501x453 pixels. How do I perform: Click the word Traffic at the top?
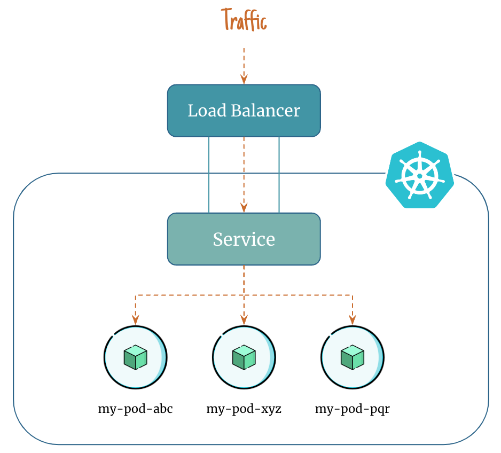click(x=244, y=21)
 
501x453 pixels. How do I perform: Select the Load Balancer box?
click(x=244, y=111)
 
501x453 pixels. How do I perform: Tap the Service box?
click(x=244, y=239)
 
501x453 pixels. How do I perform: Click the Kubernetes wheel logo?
click(x=420, y=175)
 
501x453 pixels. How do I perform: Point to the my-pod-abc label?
click(x=135, y=410)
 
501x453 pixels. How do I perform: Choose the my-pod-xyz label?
click(x=244, y=410)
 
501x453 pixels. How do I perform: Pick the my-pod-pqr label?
click(x=353, y=410)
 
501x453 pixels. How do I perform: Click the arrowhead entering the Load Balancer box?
click(x=244, y=80)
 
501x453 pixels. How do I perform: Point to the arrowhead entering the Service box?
click(x=244, y=208)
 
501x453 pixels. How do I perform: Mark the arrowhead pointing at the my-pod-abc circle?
click(x=136, y=320)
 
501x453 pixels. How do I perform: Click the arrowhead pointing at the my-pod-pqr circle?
click(x=353, y=320)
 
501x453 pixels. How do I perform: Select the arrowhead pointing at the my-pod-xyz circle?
click(x=244, y=320)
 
